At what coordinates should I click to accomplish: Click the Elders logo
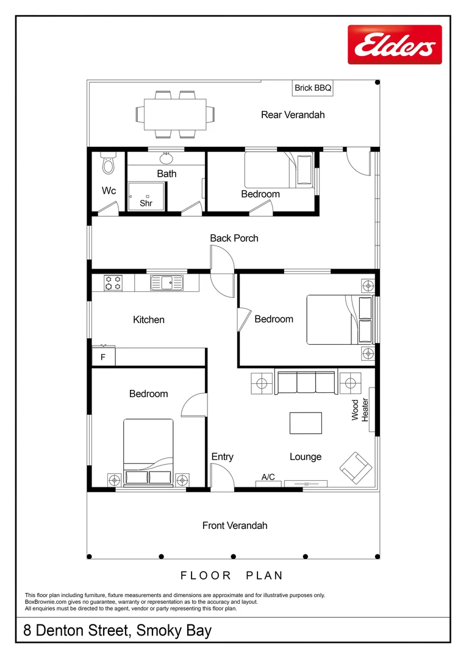point(395,44)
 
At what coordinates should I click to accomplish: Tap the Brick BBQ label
point(313,88)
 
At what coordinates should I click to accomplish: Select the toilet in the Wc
point(109,163)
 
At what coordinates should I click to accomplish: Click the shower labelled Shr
point(146,196)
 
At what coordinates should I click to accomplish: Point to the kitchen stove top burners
point(113,283)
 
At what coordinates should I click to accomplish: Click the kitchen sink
point(167,283)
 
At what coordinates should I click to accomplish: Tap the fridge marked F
point(103,358)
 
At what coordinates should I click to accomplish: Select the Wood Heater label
point(360,409)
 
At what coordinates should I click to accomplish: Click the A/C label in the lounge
point(268,478)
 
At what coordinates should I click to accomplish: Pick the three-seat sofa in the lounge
point(306,382)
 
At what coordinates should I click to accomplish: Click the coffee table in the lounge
point(306,423)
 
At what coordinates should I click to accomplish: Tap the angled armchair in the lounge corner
point(356,467)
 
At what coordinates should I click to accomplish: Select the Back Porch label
point(234,238)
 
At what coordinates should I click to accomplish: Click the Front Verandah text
point(235,525)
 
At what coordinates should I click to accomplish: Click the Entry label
point(222,457)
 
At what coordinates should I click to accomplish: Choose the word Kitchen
point(149,320)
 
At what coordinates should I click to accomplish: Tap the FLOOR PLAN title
point(232,575)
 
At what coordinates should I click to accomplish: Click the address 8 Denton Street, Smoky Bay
point(118,631)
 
